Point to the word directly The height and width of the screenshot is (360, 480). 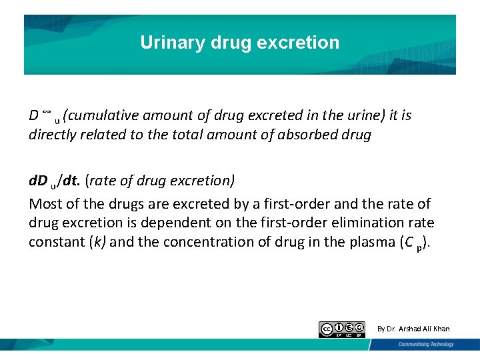53,134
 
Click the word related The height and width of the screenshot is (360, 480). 107,134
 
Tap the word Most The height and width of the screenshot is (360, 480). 44,203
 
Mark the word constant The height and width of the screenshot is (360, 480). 55,241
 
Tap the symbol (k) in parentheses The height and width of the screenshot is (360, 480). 97,241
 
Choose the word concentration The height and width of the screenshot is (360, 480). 190,241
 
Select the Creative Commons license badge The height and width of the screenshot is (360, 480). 342,329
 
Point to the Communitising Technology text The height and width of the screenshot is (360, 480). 426,344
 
